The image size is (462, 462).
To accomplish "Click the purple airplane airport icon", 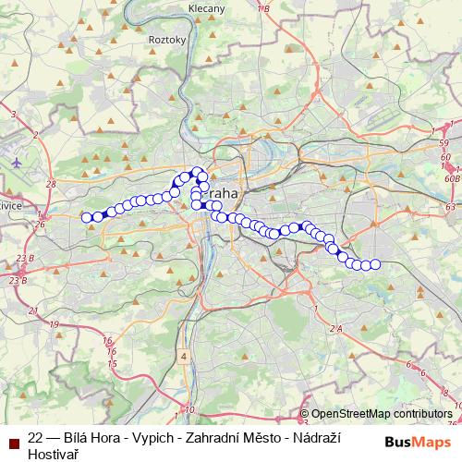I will (x=17, y=161).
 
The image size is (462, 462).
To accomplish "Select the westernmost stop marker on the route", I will (x=87, y=217).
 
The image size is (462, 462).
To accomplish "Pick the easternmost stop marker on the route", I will (x=375, y=265).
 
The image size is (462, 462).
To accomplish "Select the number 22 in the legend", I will (x=36, y=438).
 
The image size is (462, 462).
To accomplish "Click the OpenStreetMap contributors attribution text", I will (x=382, y=414).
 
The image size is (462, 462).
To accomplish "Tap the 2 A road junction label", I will (x=336, y=328).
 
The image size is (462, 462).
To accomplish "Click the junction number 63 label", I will (x=450, y=209).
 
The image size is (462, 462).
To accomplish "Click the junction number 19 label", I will (x=55, y=324).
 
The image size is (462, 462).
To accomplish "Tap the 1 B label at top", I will (x=263, y=8).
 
